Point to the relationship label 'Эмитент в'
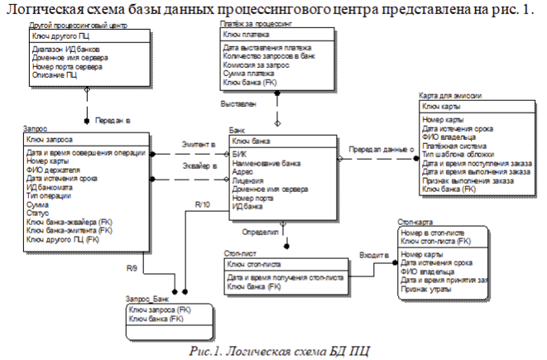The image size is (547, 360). (x=198, y=145)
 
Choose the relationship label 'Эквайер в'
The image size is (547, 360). (x=198, y=166)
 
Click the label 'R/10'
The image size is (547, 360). (x=203, y=204)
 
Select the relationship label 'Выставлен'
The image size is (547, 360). (x=238, y=104)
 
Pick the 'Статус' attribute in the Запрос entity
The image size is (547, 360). (x=37, y=214)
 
